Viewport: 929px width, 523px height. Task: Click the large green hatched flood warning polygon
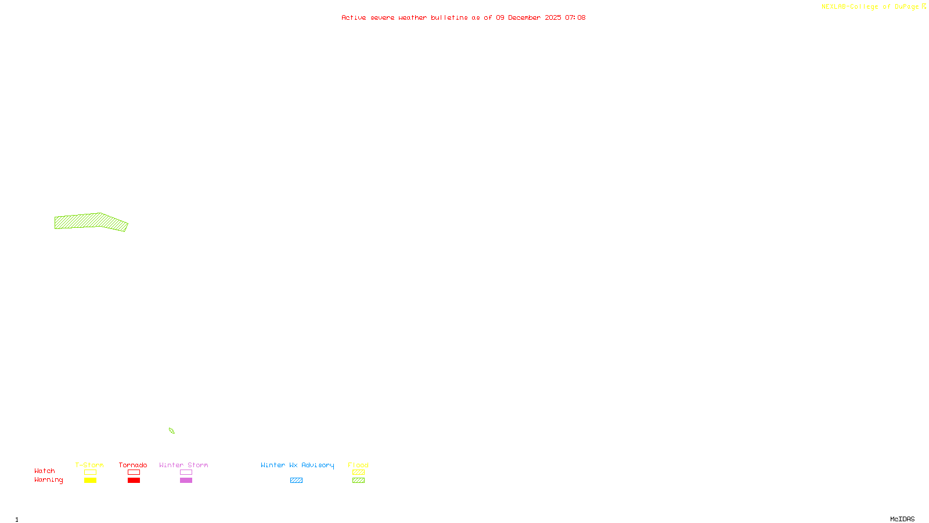90,221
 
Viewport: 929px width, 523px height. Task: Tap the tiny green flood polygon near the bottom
171,431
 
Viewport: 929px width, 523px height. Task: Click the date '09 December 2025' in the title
528,17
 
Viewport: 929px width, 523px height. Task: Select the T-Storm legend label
89,465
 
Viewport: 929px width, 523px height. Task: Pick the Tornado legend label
133,465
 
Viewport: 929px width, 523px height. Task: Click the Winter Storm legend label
183,465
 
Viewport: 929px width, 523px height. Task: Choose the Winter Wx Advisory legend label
297,465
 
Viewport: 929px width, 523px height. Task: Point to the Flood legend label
358,465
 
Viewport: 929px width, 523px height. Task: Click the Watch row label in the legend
45,471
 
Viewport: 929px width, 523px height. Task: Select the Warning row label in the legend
49,480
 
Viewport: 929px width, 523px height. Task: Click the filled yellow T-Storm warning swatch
90,481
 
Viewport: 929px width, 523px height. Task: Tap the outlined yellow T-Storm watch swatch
90,472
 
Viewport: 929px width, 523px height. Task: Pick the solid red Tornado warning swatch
134,481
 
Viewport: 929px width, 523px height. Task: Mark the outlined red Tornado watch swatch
134,472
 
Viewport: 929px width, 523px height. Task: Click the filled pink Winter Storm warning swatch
186,481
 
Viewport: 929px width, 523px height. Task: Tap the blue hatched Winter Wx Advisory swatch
296,481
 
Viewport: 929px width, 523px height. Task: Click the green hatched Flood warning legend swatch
358,481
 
